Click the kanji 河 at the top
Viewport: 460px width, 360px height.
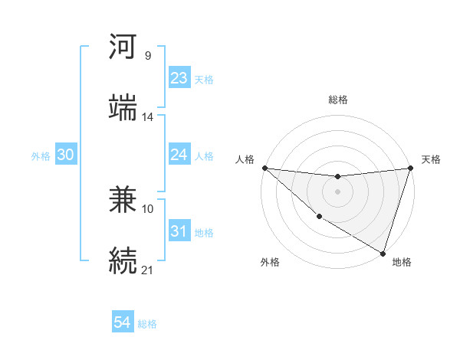click(123, 47)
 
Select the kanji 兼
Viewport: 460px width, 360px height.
click(123, 201)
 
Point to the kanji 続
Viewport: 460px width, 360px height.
click(123, 260)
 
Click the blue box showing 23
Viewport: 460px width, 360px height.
click(179, 78)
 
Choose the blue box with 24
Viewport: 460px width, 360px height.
click(179, 155)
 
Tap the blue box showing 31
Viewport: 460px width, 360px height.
click(179, 231)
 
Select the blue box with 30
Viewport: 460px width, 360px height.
click(66, 155)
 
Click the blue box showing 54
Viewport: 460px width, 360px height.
click(123, 322)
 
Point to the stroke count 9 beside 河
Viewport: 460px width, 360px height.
click(147, 55)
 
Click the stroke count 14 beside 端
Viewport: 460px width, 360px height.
click(148, 117)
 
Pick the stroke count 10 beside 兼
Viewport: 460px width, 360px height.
click(148, 208)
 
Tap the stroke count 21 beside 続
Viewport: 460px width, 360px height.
click(148, 270)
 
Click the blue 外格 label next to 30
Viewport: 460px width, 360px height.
click(41, 155)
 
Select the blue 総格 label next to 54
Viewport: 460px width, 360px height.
click(147, 324)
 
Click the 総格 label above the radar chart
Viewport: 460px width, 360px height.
click(338, 100)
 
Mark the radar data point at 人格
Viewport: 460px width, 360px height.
click(264, 168)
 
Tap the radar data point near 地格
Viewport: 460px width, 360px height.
click(383, 253)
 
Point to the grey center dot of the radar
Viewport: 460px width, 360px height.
click(337, 191)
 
